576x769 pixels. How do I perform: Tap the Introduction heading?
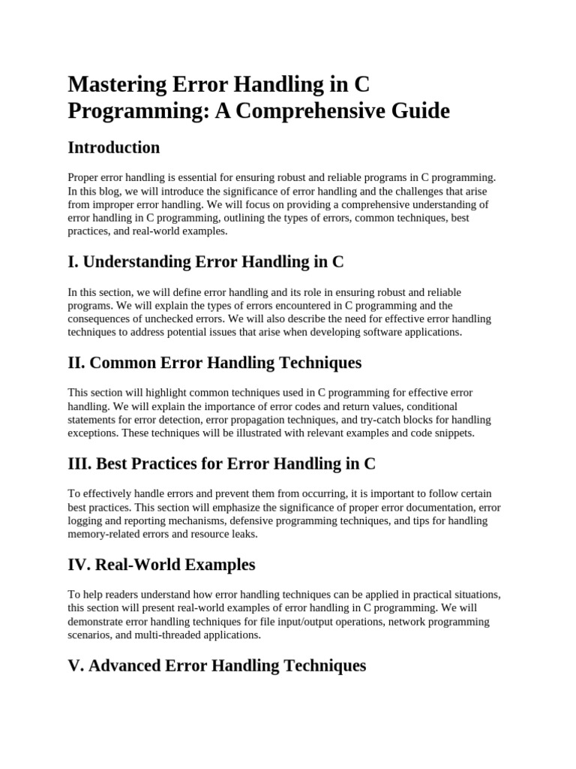pos(113,147)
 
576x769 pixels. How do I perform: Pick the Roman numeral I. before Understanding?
pos(73,262)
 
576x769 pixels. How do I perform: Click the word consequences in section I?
pos(100,318)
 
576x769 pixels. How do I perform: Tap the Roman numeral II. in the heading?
pos(76,363)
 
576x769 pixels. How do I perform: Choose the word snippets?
pos(450,433)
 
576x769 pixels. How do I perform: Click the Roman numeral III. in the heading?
pos(79,464)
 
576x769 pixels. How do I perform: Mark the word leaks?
pos(243,534)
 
